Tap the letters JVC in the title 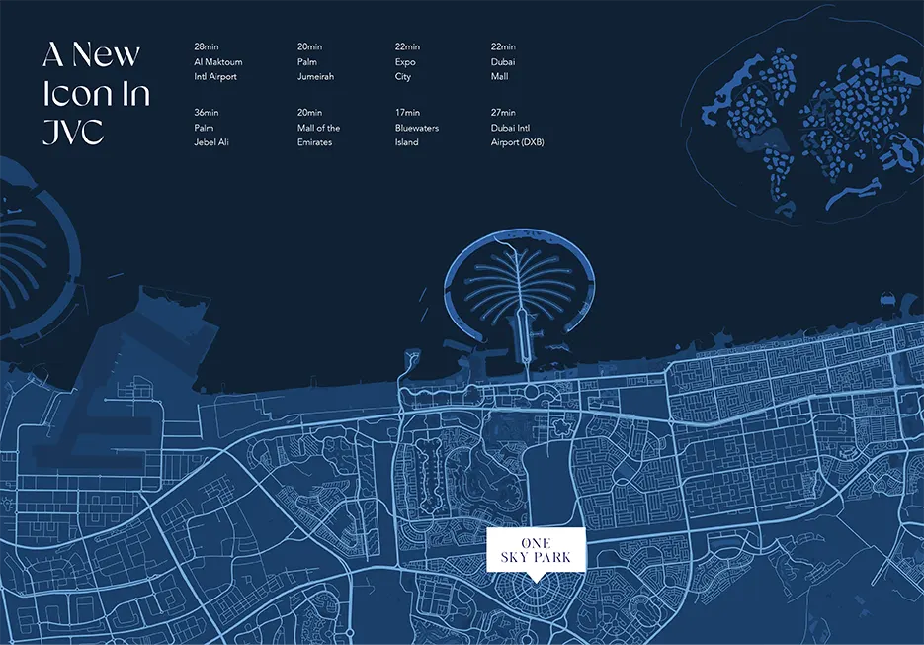coord(73,132)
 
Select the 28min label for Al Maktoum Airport coord(207,46)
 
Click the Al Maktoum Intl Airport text coord(217,69)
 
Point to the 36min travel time coord(207,113)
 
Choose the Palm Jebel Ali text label coord(213,136)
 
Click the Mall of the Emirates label coord(318,136)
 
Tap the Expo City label coord(405,69)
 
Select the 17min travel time coord(407,113)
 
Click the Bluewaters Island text coord(416,136)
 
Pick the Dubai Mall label coord(504,69)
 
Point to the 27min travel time coord(504,113)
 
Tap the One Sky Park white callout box coord(537,550)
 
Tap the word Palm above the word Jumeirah coord(307,62)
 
